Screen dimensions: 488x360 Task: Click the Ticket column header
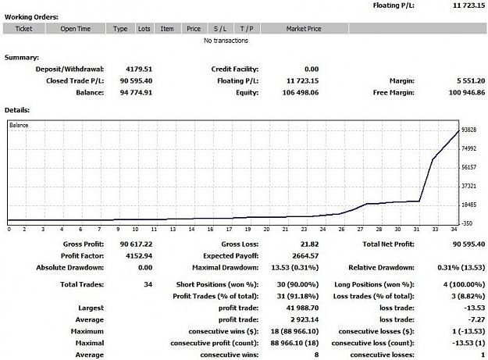tap(24, 29)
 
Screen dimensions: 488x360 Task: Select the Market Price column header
tap(304, 29)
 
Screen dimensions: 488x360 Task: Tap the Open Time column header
tap(75, 29)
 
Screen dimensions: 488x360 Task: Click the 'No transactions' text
tap(226, 41)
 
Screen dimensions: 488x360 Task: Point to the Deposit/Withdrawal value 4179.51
tap(139, 69)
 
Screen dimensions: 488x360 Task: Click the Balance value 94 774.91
tap(136, 92)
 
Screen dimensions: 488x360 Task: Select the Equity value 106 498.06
tap(301, 92)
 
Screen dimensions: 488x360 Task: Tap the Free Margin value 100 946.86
tap(466, 92)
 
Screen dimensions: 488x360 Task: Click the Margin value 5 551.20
tap(471, 81)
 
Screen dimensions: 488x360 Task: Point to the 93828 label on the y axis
tap(468, 130)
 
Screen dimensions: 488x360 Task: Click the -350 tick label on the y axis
tap(466, 223)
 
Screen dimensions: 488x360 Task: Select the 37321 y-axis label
tap(468, 186)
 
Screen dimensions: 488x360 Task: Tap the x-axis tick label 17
tap(229, 230)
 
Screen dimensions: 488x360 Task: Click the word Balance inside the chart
tap(19, 125)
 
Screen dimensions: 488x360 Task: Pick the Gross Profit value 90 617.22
tap(136, 244)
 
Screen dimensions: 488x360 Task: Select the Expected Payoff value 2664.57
tap(305, 256)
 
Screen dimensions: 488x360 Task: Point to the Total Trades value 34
tap(148, 284)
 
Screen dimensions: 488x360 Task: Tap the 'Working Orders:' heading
tap(31, 17)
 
